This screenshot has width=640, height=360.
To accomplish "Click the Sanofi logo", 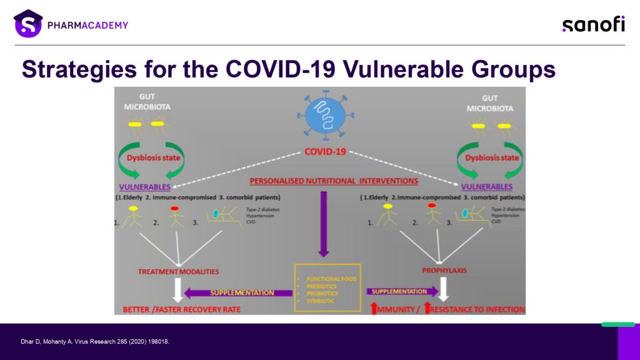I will tap(593, 24).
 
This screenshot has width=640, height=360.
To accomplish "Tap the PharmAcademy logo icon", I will tap(27, 24).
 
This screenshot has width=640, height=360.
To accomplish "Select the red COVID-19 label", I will tap(325, 152).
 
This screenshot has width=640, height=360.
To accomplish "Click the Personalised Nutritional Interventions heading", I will tap(334, 181).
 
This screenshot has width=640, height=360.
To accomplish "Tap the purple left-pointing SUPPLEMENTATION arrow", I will tap(239, 292).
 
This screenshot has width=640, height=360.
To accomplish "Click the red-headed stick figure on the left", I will tap(176, 215).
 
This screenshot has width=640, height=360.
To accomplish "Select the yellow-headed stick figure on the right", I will tap(388, 214).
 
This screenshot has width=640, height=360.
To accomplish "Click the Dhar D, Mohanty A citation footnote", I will tap(95, 342).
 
